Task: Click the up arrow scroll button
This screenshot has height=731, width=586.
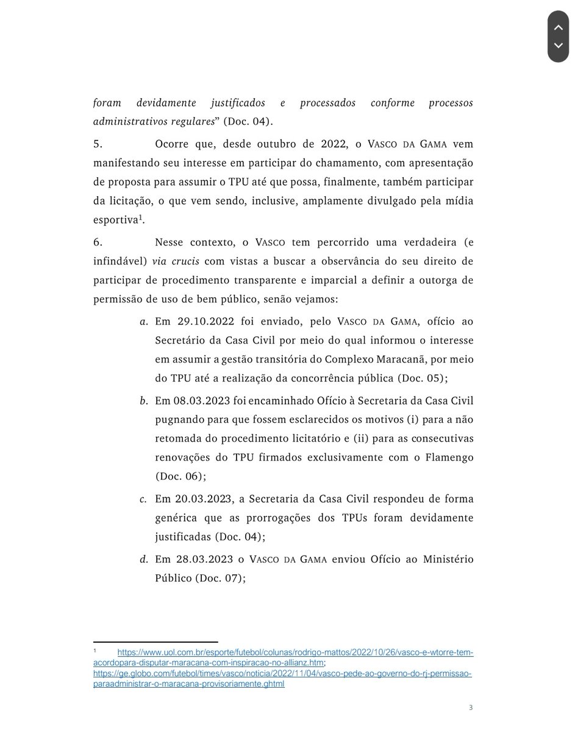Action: pyautogui.click(x=558, y=27)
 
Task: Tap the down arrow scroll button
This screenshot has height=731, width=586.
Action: pyautogui.click(x=558, y=46)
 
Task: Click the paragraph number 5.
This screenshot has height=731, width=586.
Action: pyautogui.click(x=98, y=144)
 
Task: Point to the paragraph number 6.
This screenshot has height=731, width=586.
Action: pyautogui.click(x=98, y=242)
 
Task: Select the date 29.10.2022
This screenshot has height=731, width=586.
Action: pyautogui.click(x=199, y=321)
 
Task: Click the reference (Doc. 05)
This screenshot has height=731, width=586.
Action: pyautogui.click(x=423, y=378)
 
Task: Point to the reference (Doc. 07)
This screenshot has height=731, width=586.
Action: pyautogui.click(x=220, y=578)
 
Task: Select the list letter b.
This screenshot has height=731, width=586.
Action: pyautogui.click(x=143, y=401)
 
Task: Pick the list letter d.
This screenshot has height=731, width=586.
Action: pyautogui.click(x=143, y=559)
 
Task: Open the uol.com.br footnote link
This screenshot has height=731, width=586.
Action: pyautogui.click(x=295, y=652)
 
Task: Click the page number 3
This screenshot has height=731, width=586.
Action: pyautogui.click(x=471, y=707)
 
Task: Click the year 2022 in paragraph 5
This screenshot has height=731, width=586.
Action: pyautogui.click(x=335, y=144)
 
